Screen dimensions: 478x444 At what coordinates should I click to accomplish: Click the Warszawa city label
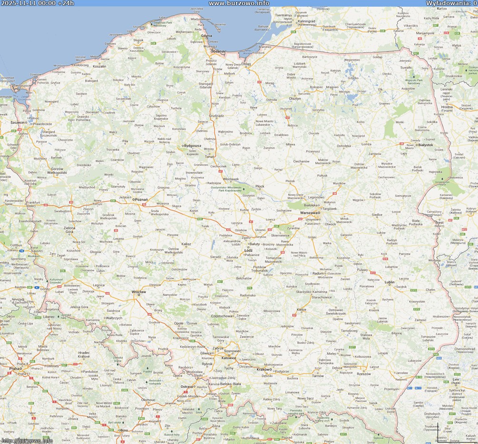(310, 213)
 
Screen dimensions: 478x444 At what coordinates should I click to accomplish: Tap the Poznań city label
(142, 200)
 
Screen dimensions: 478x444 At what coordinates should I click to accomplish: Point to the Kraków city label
(263, 369)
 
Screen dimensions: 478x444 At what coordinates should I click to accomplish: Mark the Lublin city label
(390, 282)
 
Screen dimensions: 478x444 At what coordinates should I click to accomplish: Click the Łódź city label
(248, 250)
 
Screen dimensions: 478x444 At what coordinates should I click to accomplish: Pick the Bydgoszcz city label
(193, 145)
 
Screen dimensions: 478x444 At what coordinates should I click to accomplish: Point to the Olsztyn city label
(295, 99)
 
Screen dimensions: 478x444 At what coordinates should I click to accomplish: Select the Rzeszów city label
(363, 374)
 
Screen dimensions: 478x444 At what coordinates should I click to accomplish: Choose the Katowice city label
(229, 357)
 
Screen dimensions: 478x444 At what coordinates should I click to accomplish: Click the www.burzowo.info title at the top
(239, 3)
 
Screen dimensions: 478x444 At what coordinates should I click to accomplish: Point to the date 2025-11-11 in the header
(19, 3)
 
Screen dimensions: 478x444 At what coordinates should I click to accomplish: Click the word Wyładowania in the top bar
(446, 3)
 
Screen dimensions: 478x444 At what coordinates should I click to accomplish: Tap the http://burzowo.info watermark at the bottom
(27, 440)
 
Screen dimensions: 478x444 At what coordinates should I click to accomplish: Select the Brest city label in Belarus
(439, 222)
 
